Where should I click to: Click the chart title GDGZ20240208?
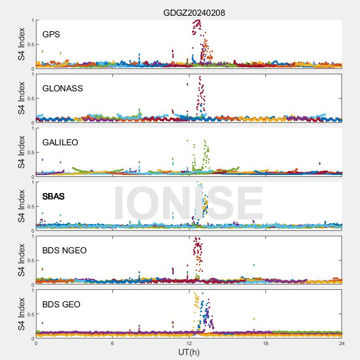[194, 13]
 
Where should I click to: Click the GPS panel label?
[51, 35]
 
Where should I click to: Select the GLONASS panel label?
[63, 89]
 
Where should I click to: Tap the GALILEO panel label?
[60, 143]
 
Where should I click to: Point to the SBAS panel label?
[54, 197]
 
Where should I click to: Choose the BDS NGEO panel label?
[64, 251]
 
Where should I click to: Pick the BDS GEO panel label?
[61, 305]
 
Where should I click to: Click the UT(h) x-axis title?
[189, 351]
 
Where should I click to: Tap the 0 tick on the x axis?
[36, 343]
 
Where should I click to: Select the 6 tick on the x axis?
[112, 343]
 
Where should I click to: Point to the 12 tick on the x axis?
[189, 343]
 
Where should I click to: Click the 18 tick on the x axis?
[265, 343]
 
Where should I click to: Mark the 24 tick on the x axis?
[342, 343]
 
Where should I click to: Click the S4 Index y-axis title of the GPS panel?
[21, 44]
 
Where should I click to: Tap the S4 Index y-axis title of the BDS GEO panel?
[21, 314]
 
